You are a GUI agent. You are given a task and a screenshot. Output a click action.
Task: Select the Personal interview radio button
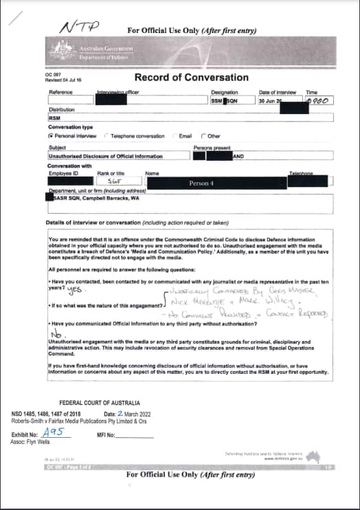click(51, 136)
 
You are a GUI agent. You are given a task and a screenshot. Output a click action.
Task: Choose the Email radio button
click(175, 136)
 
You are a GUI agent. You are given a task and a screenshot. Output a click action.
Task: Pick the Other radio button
click(203, 136)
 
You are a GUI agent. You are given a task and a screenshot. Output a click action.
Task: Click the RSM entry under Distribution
click(54, 117)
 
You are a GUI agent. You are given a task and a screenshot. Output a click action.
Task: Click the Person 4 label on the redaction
click(203, 184)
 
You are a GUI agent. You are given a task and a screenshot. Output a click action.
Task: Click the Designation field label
click(225, 92)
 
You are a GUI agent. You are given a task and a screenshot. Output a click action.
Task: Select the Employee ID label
click(60, 173)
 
